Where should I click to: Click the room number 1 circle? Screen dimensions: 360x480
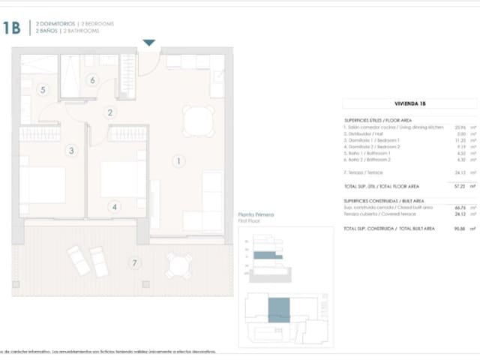[178, 160]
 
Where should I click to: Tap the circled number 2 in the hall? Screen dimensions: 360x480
[110, 113]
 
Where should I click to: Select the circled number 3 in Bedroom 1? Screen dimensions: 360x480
[71, 151]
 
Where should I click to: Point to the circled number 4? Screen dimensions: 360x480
[114, 207]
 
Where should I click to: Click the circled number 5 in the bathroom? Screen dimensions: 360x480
[43, 90]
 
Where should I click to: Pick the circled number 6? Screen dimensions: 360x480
[93, 80]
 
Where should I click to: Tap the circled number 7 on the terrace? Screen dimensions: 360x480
[135, 262]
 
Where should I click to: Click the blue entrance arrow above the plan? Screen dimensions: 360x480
[149, 43]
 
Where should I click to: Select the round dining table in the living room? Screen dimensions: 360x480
[199, 121]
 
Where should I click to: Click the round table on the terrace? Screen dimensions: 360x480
[178, 264]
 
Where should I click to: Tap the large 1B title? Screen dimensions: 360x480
[10, 28]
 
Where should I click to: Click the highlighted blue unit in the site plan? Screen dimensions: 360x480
[278, 310]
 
